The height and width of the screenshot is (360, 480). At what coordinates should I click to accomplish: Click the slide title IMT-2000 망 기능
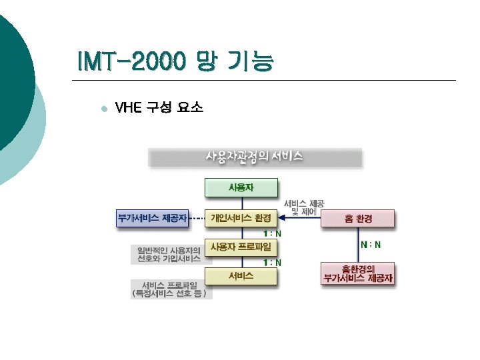coord(175,62)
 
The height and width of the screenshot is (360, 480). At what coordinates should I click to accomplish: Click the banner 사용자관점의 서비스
coord(254,157)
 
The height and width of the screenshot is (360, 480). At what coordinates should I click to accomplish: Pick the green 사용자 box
coord(241,188)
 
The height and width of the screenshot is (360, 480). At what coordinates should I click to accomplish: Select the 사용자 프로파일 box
coord(241,247)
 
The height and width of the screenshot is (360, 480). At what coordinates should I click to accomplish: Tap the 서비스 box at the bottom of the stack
coord(241,276)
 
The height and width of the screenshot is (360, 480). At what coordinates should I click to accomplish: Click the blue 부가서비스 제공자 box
coord(152,218)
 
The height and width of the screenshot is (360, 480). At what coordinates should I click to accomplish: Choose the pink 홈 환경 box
coord(358,219)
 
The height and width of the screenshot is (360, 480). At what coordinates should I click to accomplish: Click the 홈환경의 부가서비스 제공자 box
coord(358,274)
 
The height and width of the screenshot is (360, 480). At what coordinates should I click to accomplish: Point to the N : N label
coord(371,245)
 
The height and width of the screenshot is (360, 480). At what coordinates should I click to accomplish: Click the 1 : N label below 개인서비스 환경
coord(272,233)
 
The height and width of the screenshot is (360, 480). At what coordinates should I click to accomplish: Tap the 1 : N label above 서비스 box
coord(272,263)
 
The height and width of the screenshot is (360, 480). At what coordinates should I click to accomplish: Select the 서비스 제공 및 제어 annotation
coord(304,207)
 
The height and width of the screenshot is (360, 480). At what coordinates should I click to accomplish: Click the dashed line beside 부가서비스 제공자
coord(197,218)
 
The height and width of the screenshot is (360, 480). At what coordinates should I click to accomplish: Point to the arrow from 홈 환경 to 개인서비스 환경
coord(300,219)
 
